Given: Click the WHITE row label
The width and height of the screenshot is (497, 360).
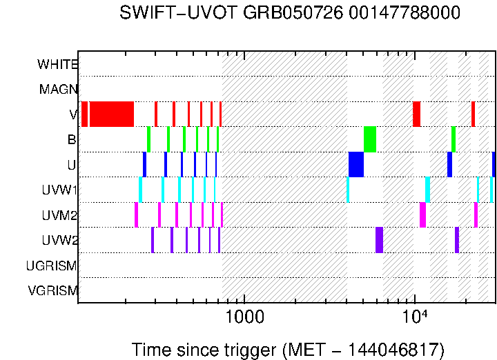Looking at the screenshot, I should [57, 64].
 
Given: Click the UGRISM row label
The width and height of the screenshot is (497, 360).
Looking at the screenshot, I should [52, 266].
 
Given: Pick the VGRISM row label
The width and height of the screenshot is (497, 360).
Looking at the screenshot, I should [52, 291].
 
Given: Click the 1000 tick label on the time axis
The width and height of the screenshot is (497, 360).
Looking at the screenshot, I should [244, 317].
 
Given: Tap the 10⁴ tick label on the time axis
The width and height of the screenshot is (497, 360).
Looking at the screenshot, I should [413, 317].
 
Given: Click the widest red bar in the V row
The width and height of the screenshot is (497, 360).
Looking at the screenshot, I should [111, 114].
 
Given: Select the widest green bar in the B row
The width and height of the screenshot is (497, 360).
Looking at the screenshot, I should [370, 139].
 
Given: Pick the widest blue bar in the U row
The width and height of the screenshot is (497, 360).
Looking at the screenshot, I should [356, 164].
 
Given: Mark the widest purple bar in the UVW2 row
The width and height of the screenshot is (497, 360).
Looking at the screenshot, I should [379, 240].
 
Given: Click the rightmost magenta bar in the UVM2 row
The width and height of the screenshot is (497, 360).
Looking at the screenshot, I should [476, 214].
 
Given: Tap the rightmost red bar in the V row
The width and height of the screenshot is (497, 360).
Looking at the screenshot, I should [473, 114].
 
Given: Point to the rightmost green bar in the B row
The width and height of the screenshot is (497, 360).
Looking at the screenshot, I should [454, 139].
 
